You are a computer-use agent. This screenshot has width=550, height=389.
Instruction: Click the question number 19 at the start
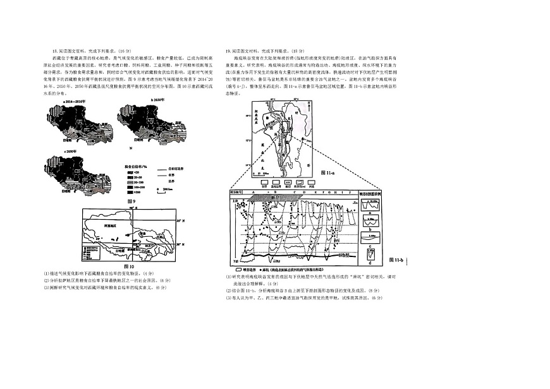click(x=228, y=51)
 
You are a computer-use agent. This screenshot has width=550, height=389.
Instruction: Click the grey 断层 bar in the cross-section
click(x=275, y=197)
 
